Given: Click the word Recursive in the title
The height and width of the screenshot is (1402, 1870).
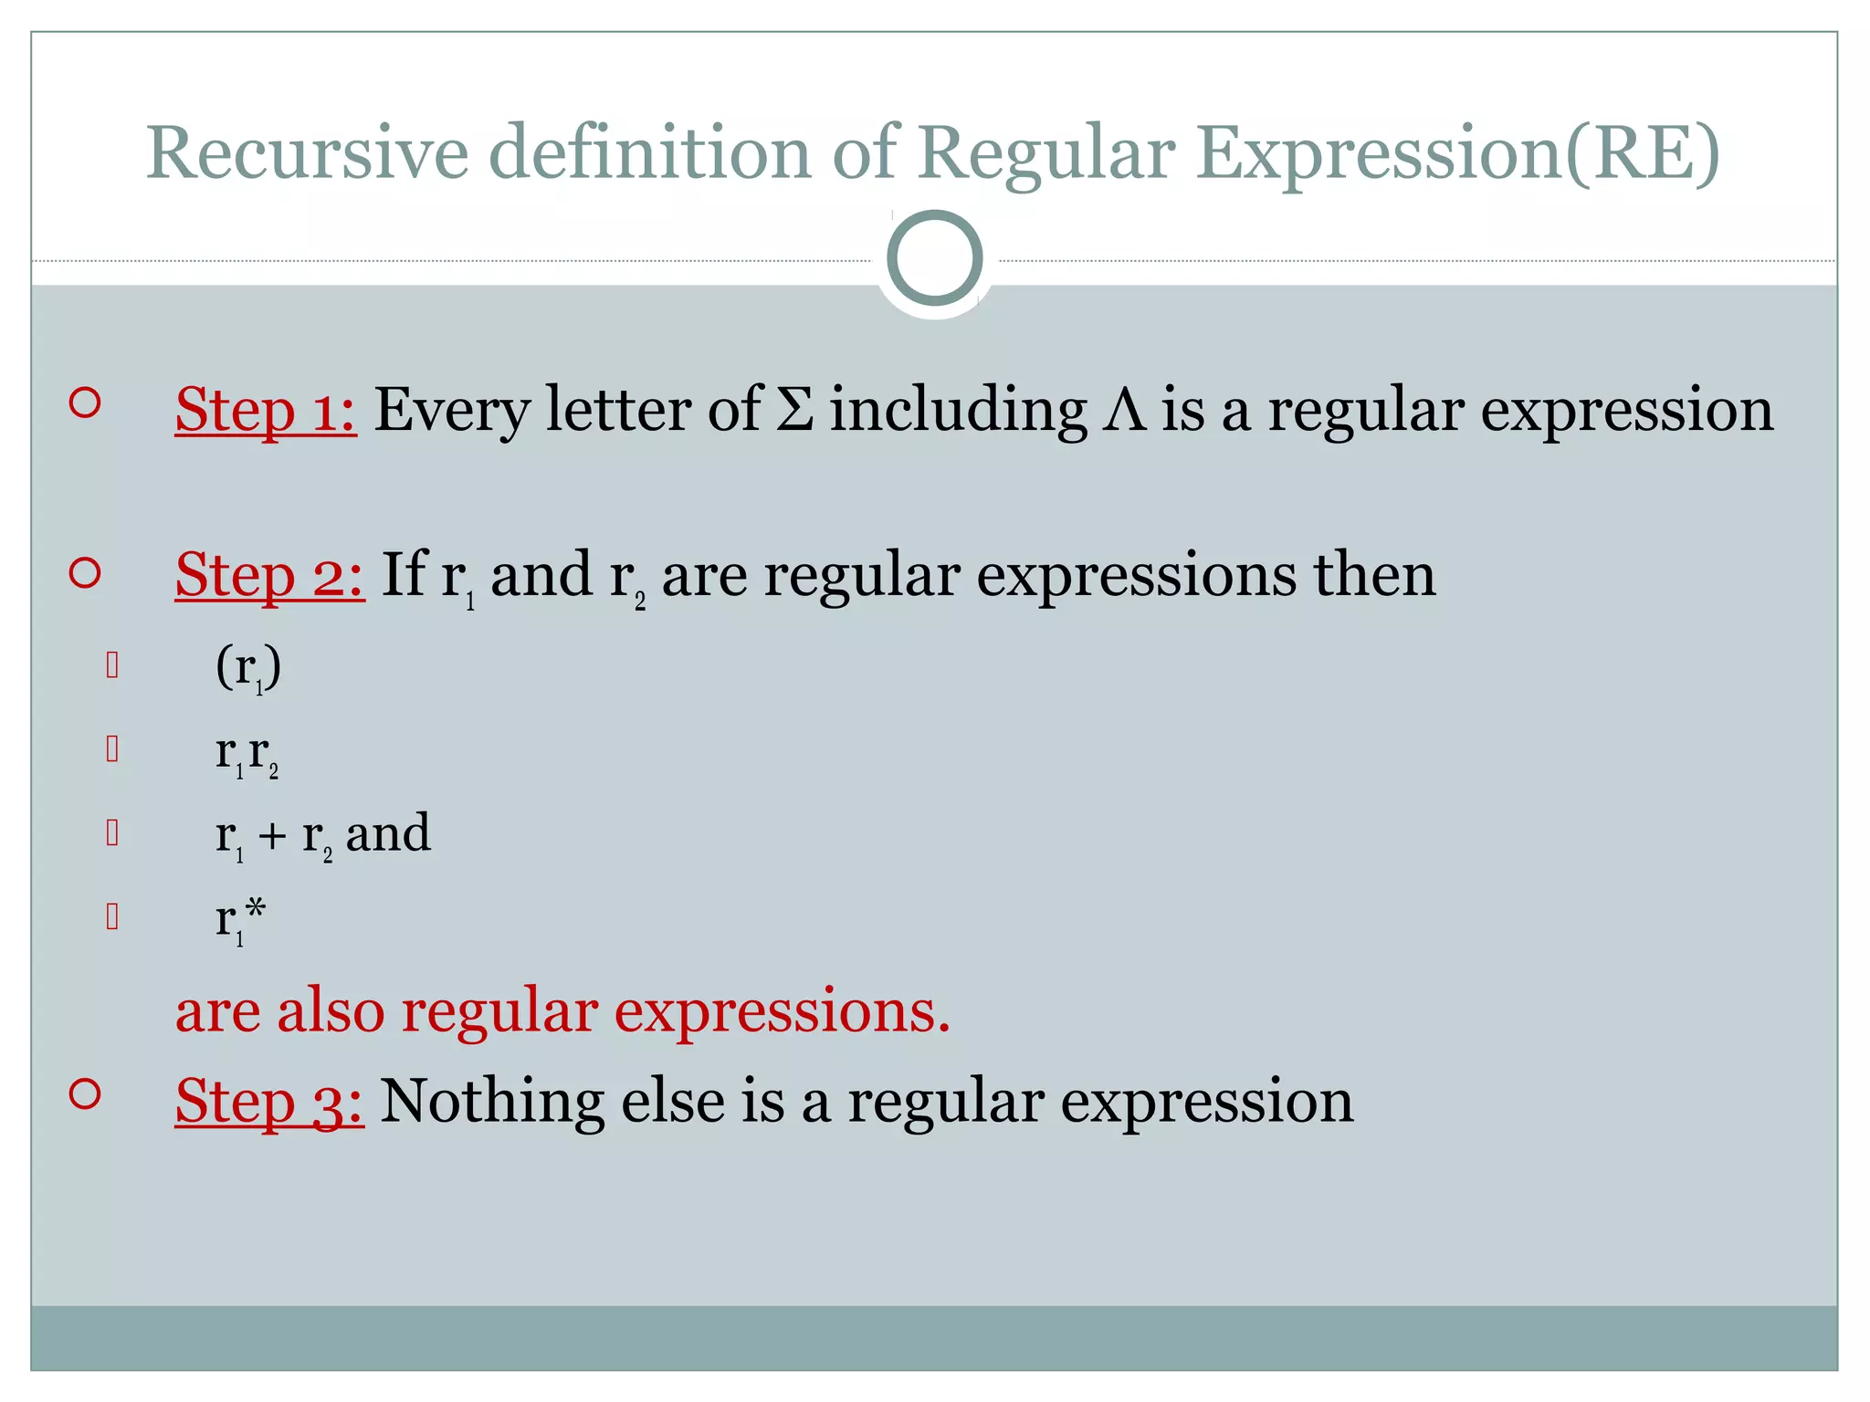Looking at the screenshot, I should pos(307,152).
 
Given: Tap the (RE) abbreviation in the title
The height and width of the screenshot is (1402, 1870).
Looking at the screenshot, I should pos(1642,152).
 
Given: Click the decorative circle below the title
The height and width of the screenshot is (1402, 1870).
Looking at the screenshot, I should pos(934,258).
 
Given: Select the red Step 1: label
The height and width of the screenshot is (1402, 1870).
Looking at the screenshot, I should pos(265,410).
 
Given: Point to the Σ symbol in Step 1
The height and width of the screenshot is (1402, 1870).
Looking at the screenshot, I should pos(794,410).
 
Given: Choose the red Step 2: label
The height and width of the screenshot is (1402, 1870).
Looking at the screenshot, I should pos(269,576).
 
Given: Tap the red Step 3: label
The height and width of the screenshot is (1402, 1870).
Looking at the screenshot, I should pos(269,1101).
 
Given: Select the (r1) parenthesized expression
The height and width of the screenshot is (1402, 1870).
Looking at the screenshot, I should pos(247,669).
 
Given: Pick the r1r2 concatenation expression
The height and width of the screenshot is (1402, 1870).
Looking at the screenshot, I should pos(247,754).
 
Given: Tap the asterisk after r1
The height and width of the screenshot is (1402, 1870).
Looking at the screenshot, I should pos(256,909).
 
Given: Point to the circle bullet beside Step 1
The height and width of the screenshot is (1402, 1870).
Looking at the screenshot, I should pos(84,403).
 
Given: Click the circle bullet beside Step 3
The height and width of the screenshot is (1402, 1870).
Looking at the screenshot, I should pos(84,1093).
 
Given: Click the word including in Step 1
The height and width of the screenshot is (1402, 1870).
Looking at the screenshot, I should pos(958,410).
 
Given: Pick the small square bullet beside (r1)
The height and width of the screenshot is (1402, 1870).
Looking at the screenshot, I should pos(112,665).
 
